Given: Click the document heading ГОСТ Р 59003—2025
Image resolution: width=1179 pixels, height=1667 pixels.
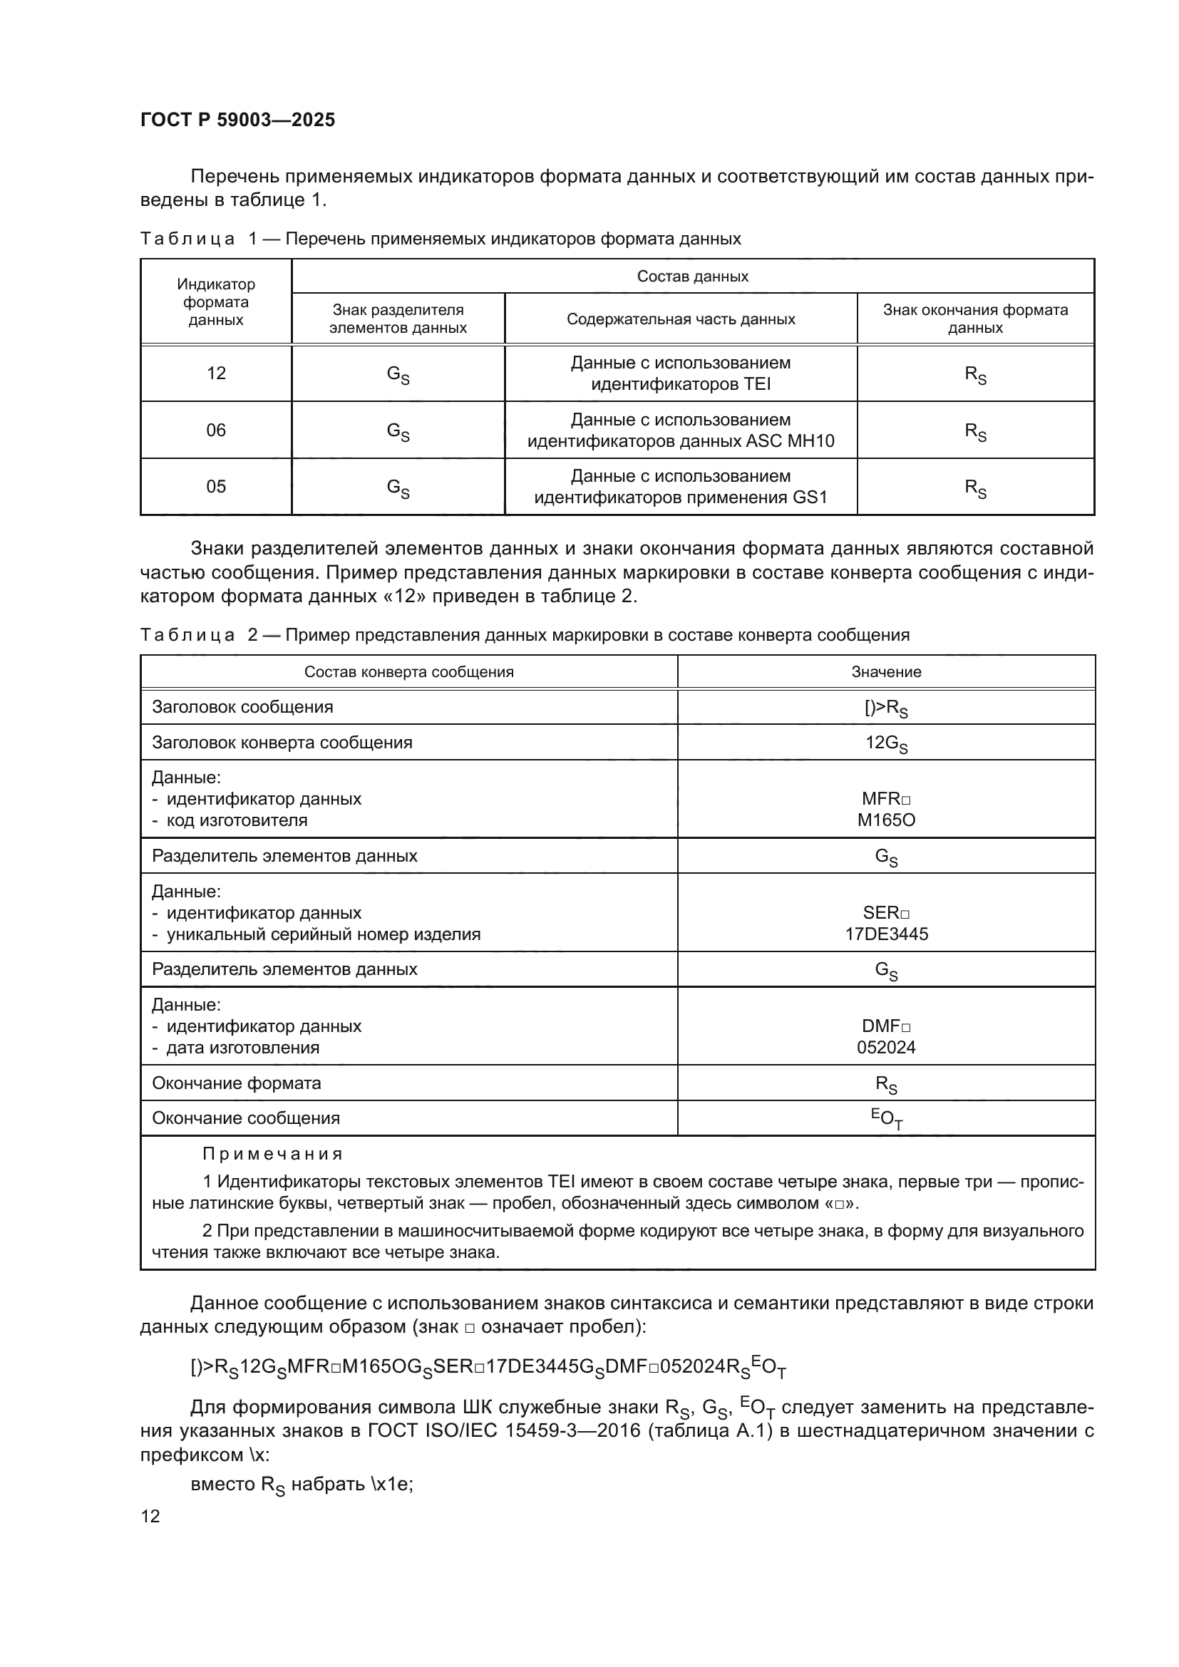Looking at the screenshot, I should click(237, 120).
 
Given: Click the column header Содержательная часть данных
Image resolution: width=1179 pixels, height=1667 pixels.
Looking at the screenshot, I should click(680, 319).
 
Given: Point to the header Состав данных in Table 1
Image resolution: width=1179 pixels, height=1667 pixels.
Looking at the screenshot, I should click(692, 277).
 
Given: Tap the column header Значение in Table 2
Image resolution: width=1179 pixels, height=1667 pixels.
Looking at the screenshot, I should click(886, 672).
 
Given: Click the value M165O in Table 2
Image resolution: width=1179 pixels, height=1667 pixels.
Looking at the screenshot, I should click(886, 820).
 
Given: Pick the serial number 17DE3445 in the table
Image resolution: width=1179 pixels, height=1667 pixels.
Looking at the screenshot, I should click(886, 934).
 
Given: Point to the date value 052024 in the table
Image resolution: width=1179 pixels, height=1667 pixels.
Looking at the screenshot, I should click(886, 1048).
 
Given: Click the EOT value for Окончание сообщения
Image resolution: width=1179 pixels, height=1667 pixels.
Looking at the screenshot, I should click(886, 1119).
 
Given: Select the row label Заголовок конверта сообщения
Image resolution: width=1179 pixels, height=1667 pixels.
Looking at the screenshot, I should click(282, 743).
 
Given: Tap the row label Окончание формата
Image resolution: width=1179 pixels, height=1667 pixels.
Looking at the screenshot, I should click(236, 1083).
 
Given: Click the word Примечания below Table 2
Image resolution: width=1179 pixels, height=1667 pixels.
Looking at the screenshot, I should click(272, 1155).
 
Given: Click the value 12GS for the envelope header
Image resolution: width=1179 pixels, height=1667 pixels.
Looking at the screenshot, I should click(886, 743).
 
